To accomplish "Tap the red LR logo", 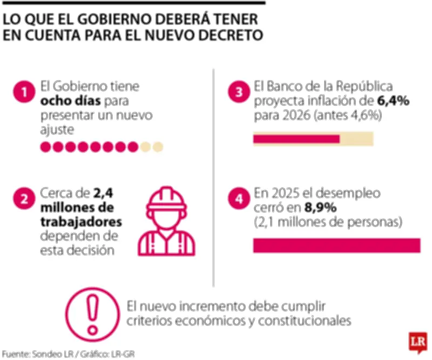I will (x=417, y=343).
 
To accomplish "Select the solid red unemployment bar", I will (x=336, y=245).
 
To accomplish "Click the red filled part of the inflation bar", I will (x=296, y=139).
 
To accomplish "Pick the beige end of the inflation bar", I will (x=356, y=139).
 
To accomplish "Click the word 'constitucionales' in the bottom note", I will (x=308, y=321).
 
